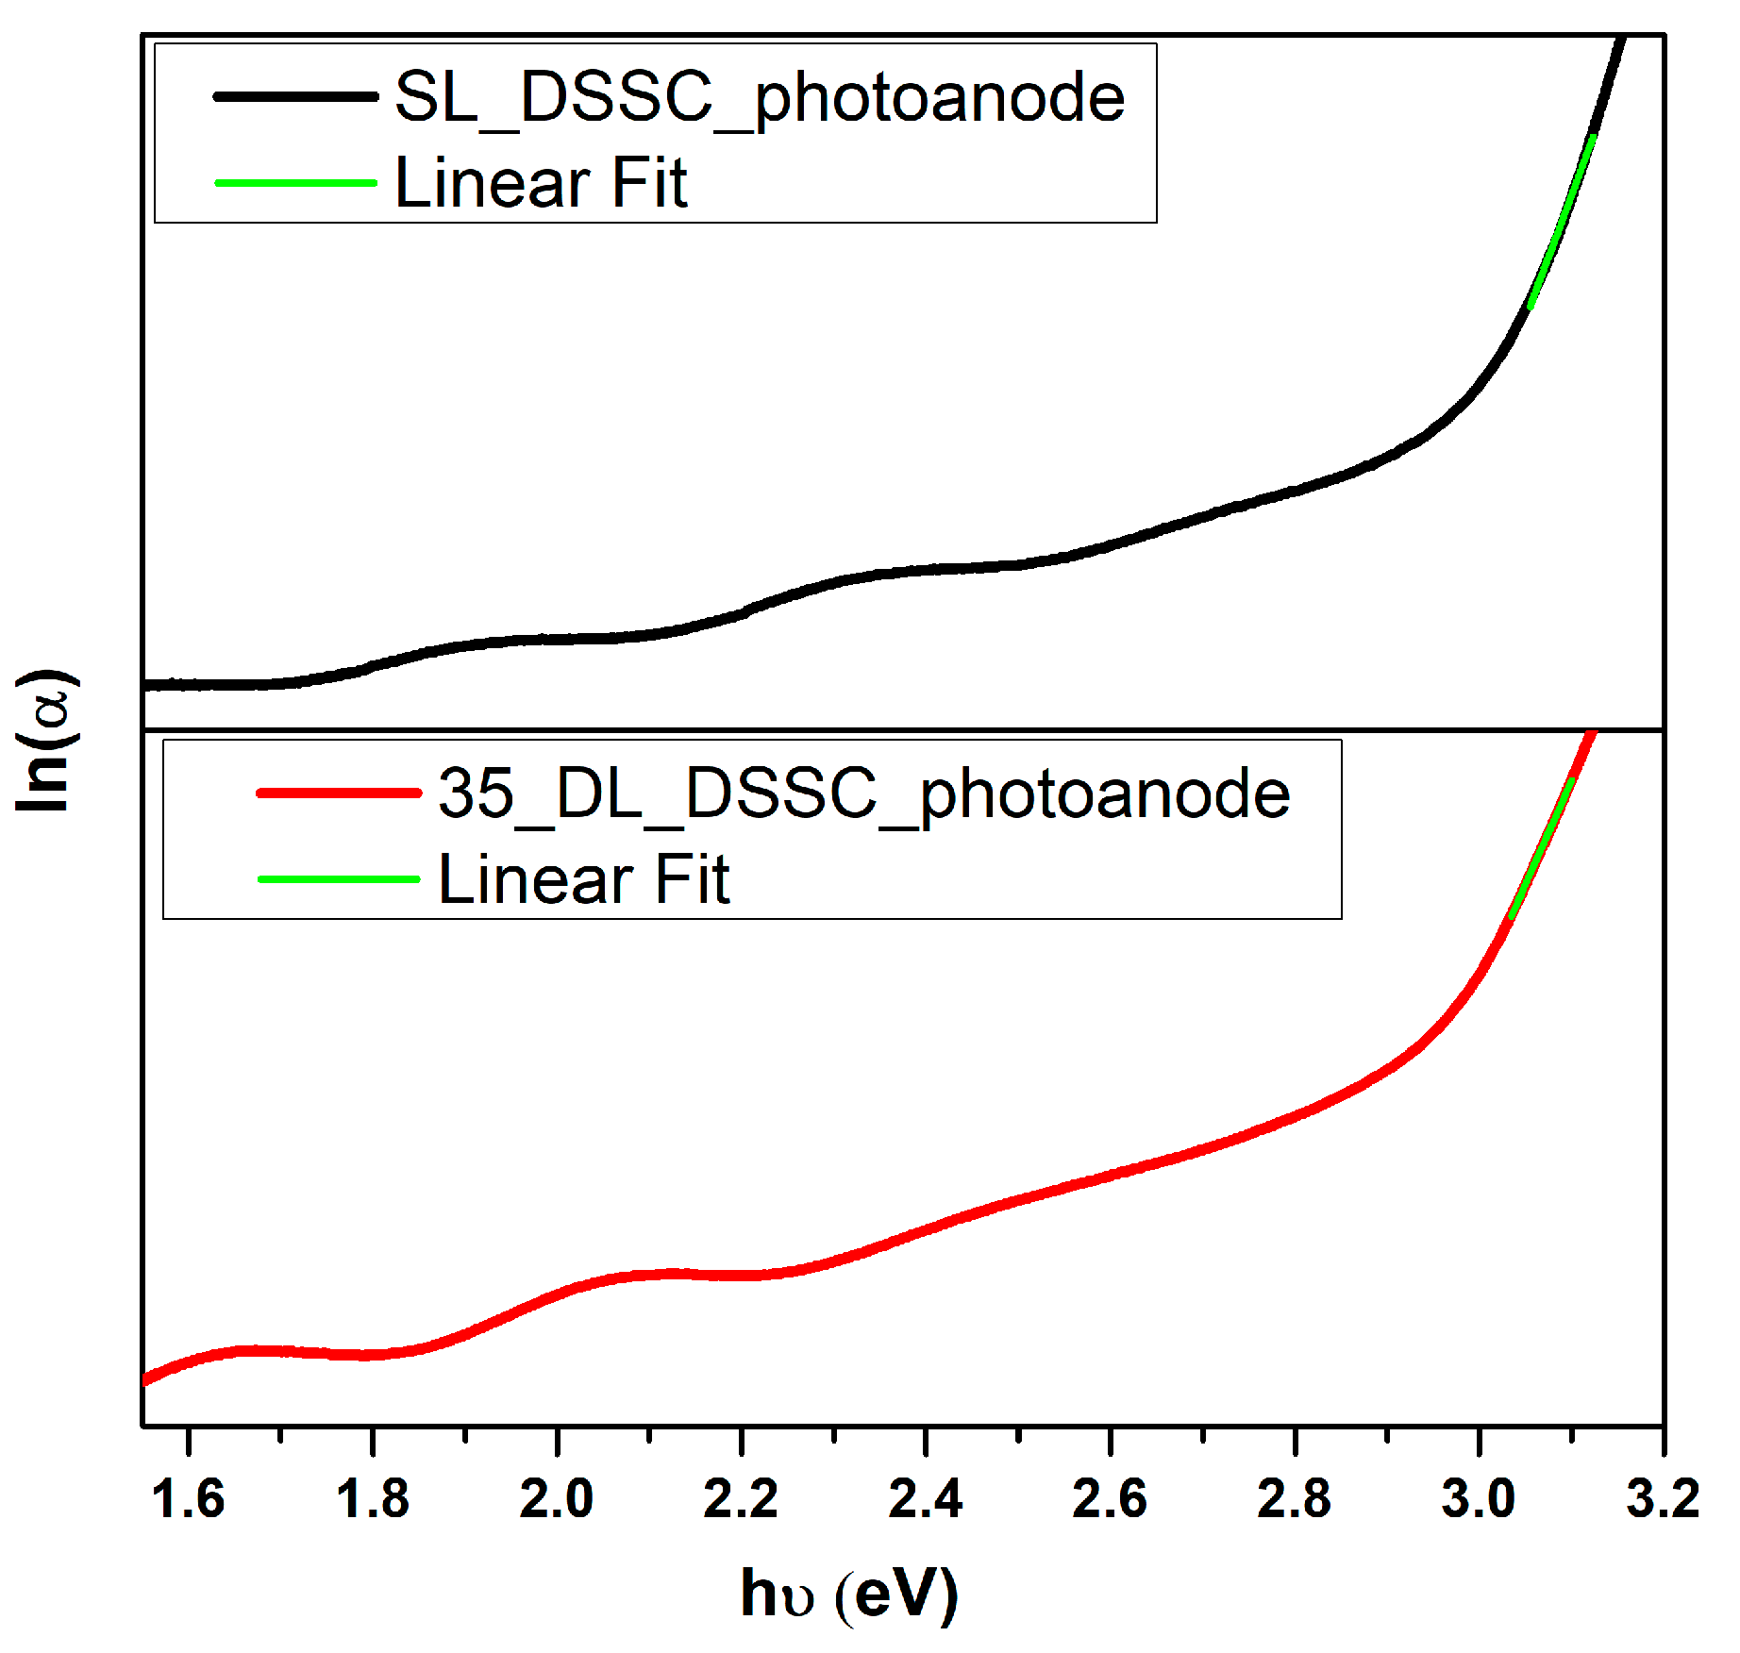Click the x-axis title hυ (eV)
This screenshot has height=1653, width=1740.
(x=849, y=1595)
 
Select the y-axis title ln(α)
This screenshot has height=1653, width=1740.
(x=44, y=741)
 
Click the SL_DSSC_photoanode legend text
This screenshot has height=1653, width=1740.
(x=760, y=98)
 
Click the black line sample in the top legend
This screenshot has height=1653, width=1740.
(x=295, y=96)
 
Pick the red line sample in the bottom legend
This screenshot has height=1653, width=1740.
(x=339, y=793)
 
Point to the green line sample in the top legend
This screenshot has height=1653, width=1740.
(x=295, y=182)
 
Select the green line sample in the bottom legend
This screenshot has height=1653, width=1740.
(x=339, y=879)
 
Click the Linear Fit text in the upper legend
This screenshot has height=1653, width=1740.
(x=541, y=182)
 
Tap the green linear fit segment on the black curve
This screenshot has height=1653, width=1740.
(x=1562, y=221)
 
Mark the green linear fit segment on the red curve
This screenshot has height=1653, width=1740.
(x=1542, y=847)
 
